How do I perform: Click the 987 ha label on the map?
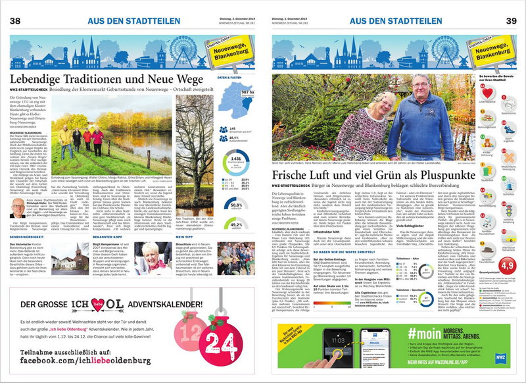(x=247, y=93)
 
